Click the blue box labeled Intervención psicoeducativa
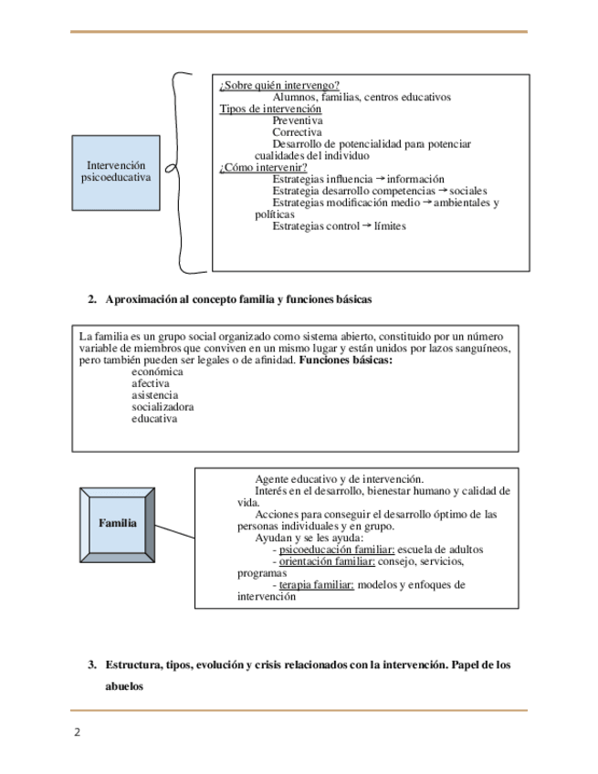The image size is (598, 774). (x=116, y=173)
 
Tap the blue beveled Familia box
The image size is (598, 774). (x=118, y=524)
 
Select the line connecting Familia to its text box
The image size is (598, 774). (x=173, y=531)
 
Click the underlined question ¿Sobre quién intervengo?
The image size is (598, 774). (x=279, y=86)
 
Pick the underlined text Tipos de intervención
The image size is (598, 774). (x=270, y=109)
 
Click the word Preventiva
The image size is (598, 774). (x=297, y=120)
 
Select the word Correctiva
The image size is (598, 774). (x=297, y=132)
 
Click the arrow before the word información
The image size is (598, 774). (x=382, y=178)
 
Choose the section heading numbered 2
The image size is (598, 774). (x=229, y=299)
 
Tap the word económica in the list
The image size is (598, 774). (x=157, y=372)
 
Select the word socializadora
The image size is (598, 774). (x=162, y=407)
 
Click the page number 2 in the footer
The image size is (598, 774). (x=78, y=732)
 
